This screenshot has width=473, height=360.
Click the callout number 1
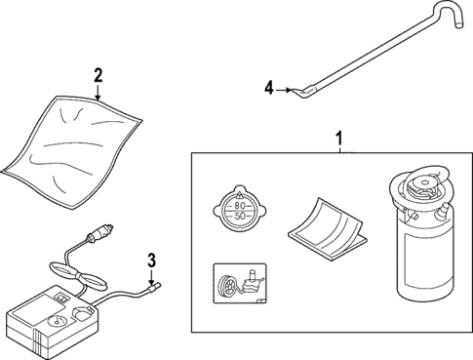coord(338,141)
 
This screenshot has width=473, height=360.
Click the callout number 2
coord(98,76)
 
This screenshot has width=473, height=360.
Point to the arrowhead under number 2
coord(99,99)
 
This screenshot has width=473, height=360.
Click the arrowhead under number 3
coord(152,280)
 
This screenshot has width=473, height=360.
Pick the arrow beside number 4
coord(290,90)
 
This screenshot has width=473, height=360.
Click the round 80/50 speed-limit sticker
coord(238,210)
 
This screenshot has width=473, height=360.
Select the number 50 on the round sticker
coord(238,217)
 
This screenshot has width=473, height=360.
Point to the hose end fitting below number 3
coord(154,287)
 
